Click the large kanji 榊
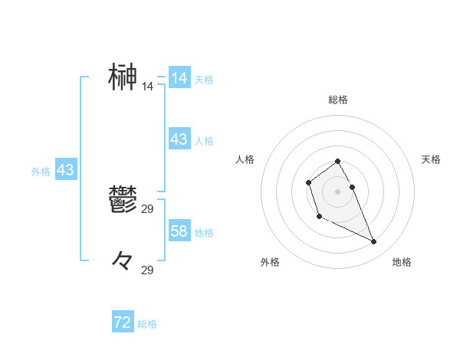click(123, 77)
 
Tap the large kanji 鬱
click(123, 201)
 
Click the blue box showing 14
click(179, 78)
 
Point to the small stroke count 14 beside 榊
click(147, 87)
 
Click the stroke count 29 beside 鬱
click(147, 209)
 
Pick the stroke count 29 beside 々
click(147, 270)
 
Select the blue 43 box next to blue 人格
click(179, 139)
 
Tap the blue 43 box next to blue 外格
click(65, 170)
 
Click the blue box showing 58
click(179, 231)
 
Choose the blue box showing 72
click(123, 322)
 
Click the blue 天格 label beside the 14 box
click(204, 80)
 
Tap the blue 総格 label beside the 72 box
click(147, 324)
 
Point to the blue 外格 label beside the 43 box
click(41, 172)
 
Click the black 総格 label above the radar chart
click(338, 100)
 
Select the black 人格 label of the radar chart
click(245, 159)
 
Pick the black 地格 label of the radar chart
click(402, 262)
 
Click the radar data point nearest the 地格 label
click(374, 242)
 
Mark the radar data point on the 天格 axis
click(352, 187)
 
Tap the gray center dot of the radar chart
click(338, 191)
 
